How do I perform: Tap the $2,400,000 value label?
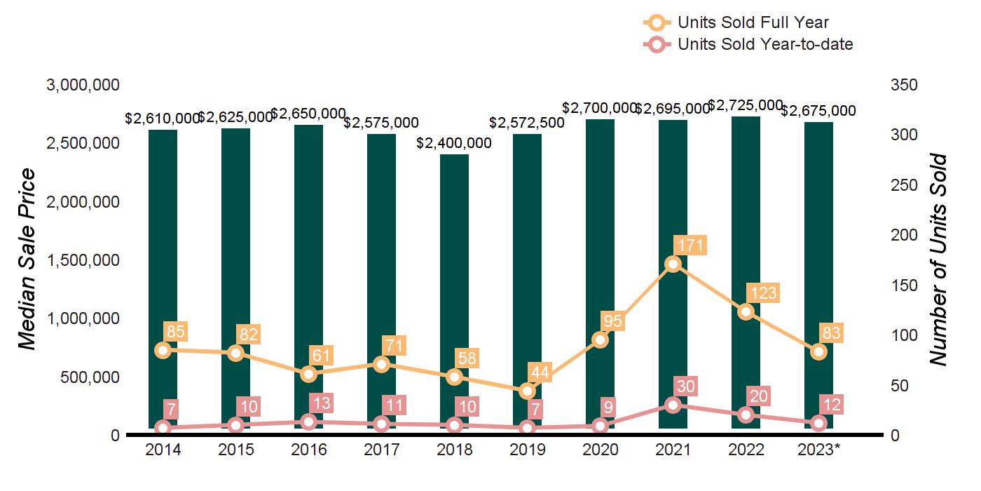pos(454,143)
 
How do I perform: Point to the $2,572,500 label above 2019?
pos(526,123)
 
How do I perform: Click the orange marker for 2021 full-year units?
pos(673,264)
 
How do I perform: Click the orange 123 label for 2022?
pos(763,292)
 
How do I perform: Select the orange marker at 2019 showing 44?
pos(527,391)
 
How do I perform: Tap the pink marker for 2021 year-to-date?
pos(673,405)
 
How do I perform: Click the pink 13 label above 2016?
pos(324,403)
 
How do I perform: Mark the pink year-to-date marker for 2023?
pos(818,423)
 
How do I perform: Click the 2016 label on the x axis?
pos(308,450)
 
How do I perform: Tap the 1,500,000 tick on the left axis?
pos(83,260)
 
